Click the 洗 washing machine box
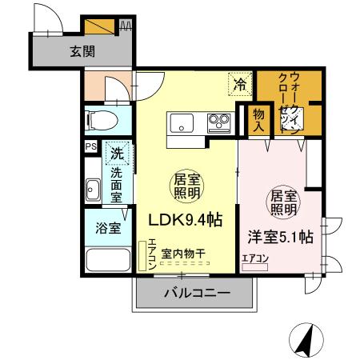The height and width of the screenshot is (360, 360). click(118, 152)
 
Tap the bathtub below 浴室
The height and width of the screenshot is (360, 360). click(107, 262)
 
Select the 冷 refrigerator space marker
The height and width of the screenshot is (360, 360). click(240, 81)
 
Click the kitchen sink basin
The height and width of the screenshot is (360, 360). click(180, 123)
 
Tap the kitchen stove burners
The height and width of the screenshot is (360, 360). click(218, 123)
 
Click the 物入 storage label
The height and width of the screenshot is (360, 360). click(258, 120)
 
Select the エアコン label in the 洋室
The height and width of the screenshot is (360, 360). click(256, 258)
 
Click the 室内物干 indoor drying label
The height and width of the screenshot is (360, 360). click(182, 253)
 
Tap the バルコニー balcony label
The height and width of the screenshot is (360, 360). click(197, 294)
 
